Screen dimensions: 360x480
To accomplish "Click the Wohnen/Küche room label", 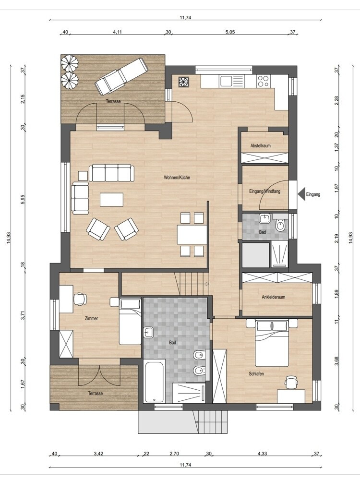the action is click(177, 178).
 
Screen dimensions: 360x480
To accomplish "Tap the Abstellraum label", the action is click(260, 146).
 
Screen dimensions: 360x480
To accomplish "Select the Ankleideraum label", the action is click(274, 297).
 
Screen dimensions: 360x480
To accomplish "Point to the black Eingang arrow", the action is click(302, 194).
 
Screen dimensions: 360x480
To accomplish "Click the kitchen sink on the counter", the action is click(226, 81).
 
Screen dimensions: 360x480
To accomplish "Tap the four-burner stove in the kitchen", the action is click(263, 81).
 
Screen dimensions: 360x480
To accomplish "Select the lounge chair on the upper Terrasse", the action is click(120, 76).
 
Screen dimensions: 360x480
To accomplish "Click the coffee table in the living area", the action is click(111, 199).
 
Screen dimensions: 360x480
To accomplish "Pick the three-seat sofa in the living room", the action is click(111, 173).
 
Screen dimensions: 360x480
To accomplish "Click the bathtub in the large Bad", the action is click(154, 381).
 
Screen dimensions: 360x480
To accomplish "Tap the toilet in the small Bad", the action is click(280, 225).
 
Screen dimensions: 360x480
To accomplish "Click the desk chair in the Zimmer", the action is click(80, 299).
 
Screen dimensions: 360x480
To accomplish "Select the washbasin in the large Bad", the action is click(148, 333).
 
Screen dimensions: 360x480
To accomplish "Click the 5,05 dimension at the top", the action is click(230, 32).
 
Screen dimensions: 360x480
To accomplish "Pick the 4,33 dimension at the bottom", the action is click(262, 454).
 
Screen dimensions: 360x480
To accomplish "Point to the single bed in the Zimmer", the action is click(131, 322).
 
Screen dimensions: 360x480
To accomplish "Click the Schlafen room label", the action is click(256, 374).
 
